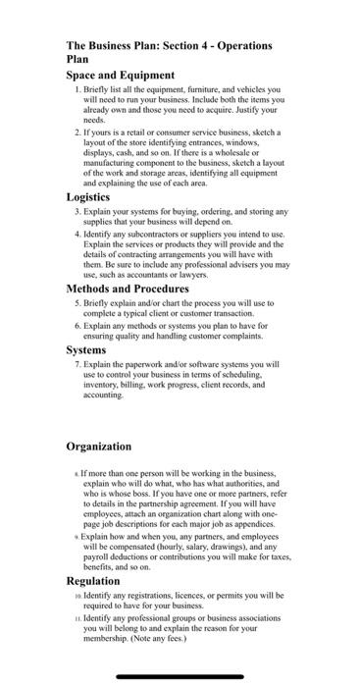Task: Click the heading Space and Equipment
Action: click(x=120, y=75)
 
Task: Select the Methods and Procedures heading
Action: click(x=128, y=289)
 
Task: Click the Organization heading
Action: click(x=98, y=447)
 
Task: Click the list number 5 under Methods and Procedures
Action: click(x=77, y=304)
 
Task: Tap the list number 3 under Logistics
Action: click(x=77, y=211)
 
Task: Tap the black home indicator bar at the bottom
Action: click(x=180, y=675)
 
